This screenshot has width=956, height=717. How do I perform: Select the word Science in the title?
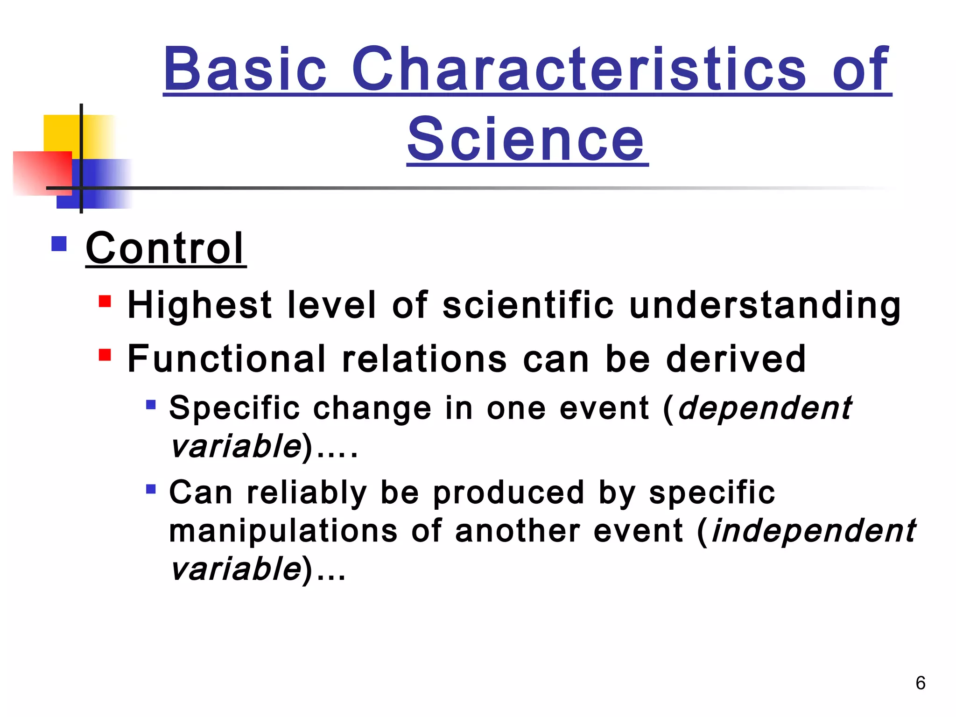coord(527,139)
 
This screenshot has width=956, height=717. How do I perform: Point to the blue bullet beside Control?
coord(59,244)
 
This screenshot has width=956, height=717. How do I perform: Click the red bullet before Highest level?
coord(105,301)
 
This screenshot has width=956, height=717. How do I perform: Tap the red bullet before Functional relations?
coord(105,355)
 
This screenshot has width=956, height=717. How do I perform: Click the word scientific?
coord(527,305)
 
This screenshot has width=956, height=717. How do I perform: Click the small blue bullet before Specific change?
coord(150,404)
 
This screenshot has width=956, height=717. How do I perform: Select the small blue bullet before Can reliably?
coord(150,489)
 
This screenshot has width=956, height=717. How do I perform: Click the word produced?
coord(508,493)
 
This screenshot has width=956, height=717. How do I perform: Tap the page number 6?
coord(920,683)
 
